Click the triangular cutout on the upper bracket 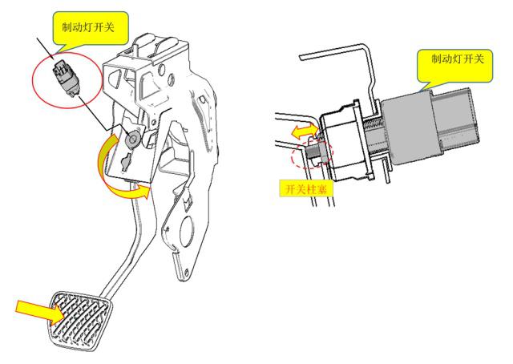(x=121, y=80)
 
